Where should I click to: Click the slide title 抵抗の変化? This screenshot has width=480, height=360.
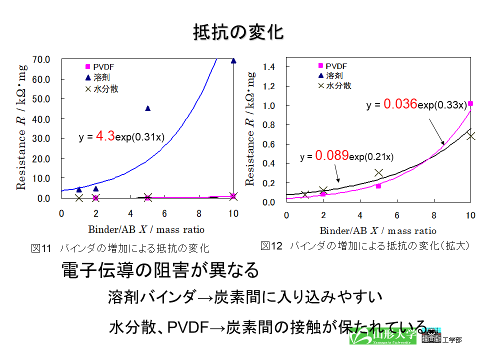238,32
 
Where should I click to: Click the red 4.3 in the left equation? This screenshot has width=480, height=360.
105,135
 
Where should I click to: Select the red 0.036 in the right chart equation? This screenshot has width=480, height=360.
400,104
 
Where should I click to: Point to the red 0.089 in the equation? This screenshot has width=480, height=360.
332,155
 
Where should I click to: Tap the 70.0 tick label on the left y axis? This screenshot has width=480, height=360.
41,59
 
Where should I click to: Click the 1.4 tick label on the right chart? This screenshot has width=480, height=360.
268,66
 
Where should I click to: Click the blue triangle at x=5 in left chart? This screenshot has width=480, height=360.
148,108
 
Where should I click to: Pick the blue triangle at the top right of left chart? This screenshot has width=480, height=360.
233,61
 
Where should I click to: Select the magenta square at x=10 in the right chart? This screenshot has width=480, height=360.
470,103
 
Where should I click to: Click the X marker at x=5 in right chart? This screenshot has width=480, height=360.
378,173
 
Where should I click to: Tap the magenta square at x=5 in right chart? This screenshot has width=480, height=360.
378,186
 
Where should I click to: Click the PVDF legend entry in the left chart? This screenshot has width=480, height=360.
100,66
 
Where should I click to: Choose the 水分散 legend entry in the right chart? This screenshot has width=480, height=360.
335,85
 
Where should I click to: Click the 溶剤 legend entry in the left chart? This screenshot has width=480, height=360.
97,77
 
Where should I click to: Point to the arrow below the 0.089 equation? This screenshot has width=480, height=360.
336,173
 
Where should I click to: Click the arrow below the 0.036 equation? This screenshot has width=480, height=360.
436,131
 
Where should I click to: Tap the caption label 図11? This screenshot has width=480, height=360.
41,248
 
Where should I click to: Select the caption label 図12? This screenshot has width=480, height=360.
271,246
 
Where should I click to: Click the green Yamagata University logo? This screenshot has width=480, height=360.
382,336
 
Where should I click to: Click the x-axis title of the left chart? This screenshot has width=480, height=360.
146,229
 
